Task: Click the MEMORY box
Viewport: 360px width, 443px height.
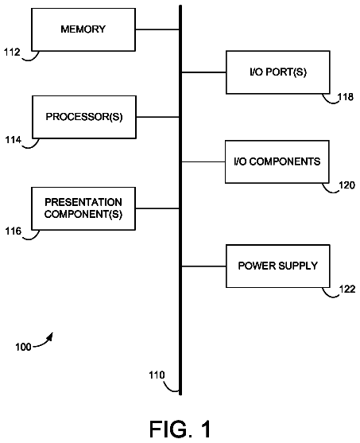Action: pyautogui.click(x=83, y=29)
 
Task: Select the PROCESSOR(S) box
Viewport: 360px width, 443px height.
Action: pyautogui.click(x=84, y=117)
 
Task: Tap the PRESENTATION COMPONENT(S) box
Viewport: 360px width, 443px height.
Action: pyautogui.click(x=83, y=208)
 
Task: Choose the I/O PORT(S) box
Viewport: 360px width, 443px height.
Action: pyautogui.click(x=278, y=72)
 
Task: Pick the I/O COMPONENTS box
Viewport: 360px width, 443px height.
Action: pyautogui.click(x=277, y=162)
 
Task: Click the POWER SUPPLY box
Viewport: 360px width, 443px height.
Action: pyautogui.click(x=278, y=266)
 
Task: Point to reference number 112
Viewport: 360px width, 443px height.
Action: pyautogui.click(x=12, y=52)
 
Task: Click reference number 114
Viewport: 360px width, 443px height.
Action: pyautogui.click(x=14, y=140)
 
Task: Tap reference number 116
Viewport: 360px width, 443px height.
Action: pyautogui.click(x=14, y=231)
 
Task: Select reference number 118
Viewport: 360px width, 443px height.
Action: pyautogui.click(x=346, y=97)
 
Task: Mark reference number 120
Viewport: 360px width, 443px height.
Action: pyautogui.click(x=346, y=185)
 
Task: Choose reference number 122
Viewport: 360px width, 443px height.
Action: pyautogui.click(x=347, y=289)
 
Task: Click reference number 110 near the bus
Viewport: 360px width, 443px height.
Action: pyautogui.click(x=157, y=375)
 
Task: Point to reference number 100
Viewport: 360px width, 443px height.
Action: pyautogui.click(x=23, y=347)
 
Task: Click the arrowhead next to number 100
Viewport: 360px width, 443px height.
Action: pyautogui.click(x=50, y=336)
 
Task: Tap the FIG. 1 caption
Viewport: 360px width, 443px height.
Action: pyautogui.click(x=180, y=429)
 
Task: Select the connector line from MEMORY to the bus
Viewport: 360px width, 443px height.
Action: pyautogui.click(x=157, y=29)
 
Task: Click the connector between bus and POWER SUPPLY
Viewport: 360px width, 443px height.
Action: pyautogui.click(x=204, y=266)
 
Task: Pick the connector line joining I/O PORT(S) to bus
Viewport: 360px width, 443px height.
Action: pyautogui.click(x=204, y=72)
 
